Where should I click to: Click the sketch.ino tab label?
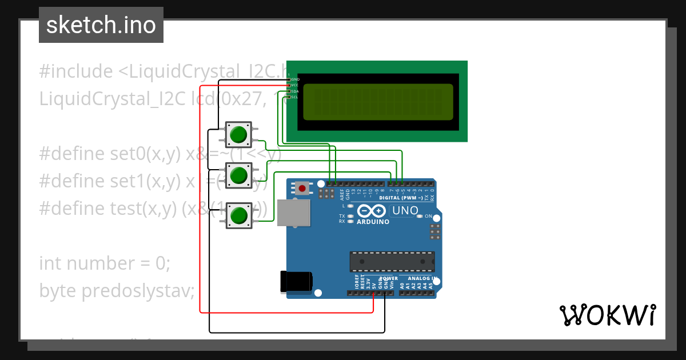[101, 25]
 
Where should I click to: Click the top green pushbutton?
[238, 135]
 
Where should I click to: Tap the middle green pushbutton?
[238, 175]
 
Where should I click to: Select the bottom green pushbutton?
[238, 215]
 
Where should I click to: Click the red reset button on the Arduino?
[302, 187]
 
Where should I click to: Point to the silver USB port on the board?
[293, 212]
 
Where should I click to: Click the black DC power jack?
[296, 281]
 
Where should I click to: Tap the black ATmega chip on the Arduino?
[392, 261]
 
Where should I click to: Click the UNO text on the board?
[405, 210]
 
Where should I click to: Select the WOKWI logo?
[607, 315]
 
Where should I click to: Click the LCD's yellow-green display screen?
[377, 102]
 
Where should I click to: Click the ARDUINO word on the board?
[373, 222]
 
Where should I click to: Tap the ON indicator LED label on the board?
[428, 216]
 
